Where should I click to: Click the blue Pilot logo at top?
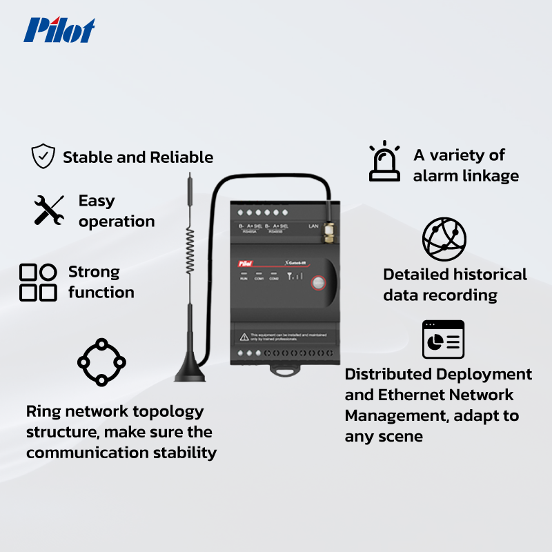pyautogui.click(x=59, y=30)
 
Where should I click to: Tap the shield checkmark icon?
pyautogui.click(x=43, y=157)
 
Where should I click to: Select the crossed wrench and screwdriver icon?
pyautogui.click(x=49, y=210)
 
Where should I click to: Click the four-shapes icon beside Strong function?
pyautogui.click(x=38, y=282)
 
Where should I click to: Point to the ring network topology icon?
pyautogui.click(x=101, y=362)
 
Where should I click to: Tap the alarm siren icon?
pyautogui.click(x=384, y=163)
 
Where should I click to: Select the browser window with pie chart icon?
pyautogui.click(x=443, y=339)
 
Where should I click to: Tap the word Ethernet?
pyautogui.click(x=411, y=395)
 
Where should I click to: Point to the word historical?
pyautogui.click(x=489, y=275)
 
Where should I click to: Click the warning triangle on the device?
pyautogui.click(x=244, y=336)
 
